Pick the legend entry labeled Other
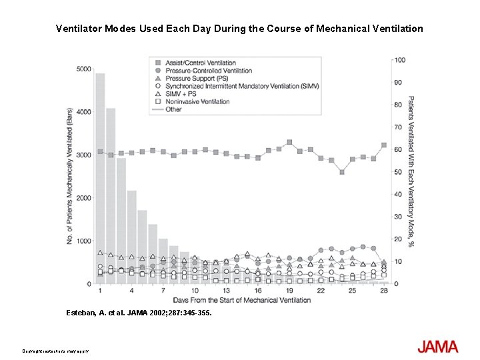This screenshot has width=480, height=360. pyautogui.click(x=173, y=109)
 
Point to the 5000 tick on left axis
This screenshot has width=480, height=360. pyautogui.click(x=84, y=69)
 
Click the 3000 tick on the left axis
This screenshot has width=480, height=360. pyautogui.click(x=84, y=155)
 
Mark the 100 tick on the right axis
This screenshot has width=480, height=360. pyautogui.click(x=399, y=60)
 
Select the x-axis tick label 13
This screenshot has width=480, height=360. pyautogui.click(x=226, y=291)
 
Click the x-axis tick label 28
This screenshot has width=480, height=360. pyautogui.click(x=383, y=291)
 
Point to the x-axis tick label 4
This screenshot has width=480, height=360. pyautogui.click(x=131, y=291)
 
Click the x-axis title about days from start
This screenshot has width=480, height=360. pyautogui.click(x=241, y=300)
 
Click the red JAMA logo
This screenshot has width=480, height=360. pyautogui.click(x=437, y=347)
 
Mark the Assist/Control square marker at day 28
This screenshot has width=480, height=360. pyautogui.click(x=384, y=145)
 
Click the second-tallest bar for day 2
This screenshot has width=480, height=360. pyautogui.click(x=111, y=195)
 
